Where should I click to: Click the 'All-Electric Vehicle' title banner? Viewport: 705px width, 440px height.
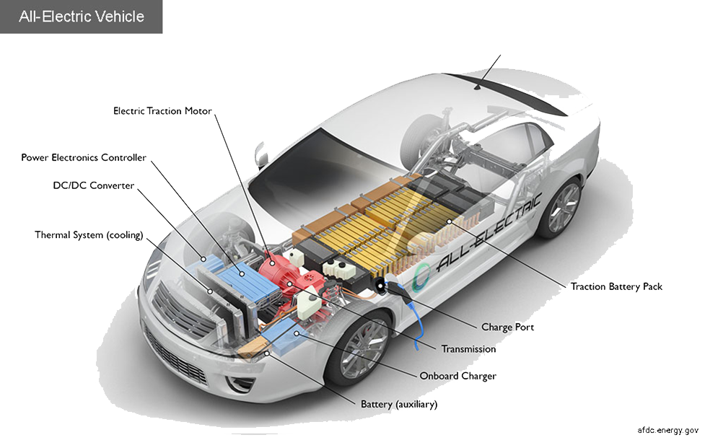pyautogui.click(x=81, y=17)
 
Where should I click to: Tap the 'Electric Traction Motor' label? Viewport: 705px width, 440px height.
pyautogui.click(x=162, y=111)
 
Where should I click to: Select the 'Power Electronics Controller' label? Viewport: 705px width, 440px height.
pyautogui.click(x=84, y=158)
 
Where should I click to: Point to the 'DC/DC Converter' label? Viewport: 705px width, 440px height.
pyautogui.click(x=94, y=185)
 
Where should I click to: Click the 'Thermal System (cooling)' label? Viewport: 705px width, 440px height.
pyautogui.click(x=89, y=235)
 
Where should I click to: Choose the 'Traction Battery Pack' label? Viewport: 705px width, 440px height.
pyautogui.click(x=616, y=287)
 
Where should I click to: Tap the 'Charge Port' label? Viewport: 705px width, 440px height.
pyautogui.click(x=507, y=327)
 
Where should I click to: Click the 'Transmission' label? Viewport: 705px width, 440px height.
pyautogui.click(x=468, y=349)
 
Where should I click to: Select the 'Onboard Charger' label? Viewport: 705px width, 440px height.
pyautogui.click(x=457, y=377)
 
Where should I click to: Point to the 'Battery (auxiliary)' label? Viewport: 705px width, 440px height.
pyautogui.click(x=399, y=405)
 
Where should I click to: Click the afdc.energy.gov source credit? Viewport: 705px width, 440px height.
pyautogui.click(x=667, y=430)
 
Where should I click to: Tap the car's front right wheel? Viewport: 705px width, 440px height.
pyautogui.click(x=359, y=347)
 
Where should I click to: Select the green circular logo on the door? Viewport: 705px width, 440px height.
pyautogui.click(x=421, y=276)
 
